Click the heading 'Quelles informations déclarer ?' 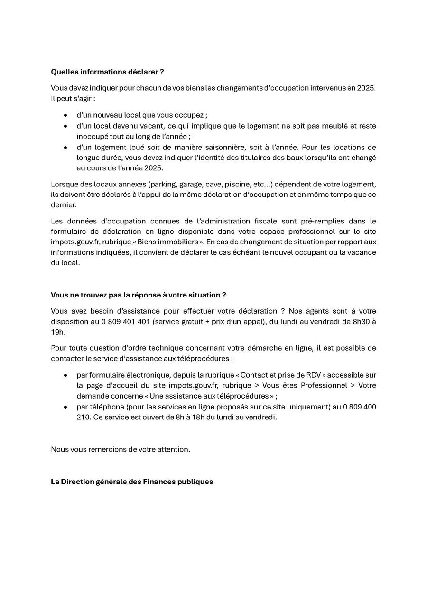click(x=107, y=72)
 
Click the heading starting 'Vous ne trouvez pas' click(x=138, y=295)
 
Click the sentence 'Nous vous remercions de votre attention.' click(x=121, y=449)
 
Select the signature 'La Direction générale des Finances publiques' click(x=132, y=482)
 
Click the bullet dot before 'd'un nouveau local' click(x=65, y=115)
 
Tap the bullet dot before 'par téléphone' click(x=65, y=407)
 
